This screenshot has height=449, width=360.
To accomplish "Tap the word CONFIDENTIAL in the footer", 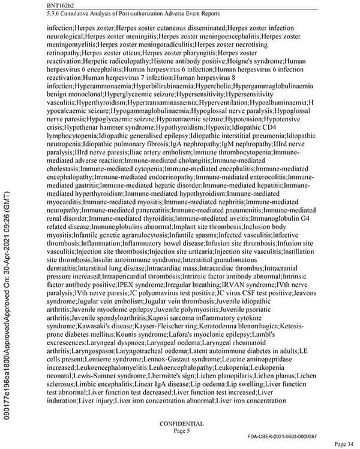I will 181,423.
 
